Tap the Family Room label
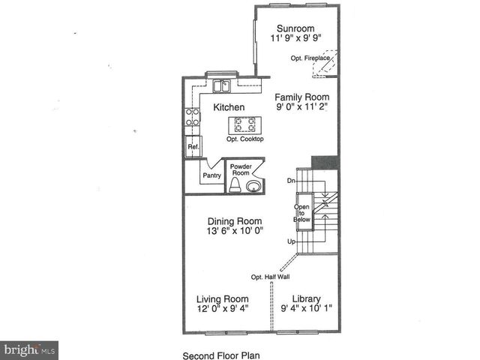pyautogui.click(x=301, y=97)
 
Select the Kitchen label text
pyautogui.click(x=229, y=107)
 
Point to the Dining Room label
pyautogui.click(x=235, y=221)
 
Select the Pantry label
pyautogui.click(x=211, y=176)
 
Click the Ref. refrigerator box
pyautogui.click(x=193, y=147)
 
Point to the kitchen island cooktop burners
pyautogui.click(x=244, y=124)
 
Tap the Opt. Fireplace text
pyautogui.click(x=310, y=57)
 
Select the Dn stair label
pyautogui.click(x=291, y=181)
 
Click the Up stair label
pyautogui.click(x=291, y=241)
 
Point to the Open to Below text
pyautogui.click(x=301, y=214)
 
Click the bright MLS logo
pyautogui.click(x=29, y=350)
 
